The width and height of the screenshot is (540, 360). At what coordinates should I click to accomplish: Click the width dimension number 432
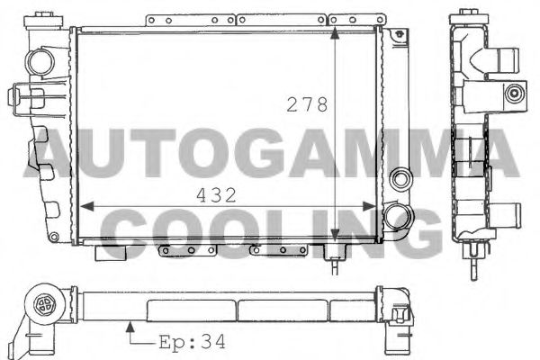217,194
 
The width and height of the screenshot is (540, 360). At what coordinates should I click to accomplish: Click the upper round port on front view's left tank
40,61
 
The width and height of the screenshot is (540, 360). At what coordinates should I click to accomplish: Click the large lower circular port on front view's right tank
397,217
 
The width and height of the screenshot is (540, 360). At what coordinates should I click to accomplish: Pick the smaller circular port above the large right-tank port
400,177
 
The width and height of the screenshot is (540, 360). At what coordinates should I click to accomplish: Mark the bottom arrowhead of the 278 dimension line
336,236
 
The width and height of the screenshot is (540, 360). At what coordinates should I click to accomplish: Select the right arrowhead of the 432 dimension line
376,206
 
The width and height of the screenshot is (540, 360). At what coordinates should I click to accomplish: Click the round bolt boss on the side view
514,92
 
